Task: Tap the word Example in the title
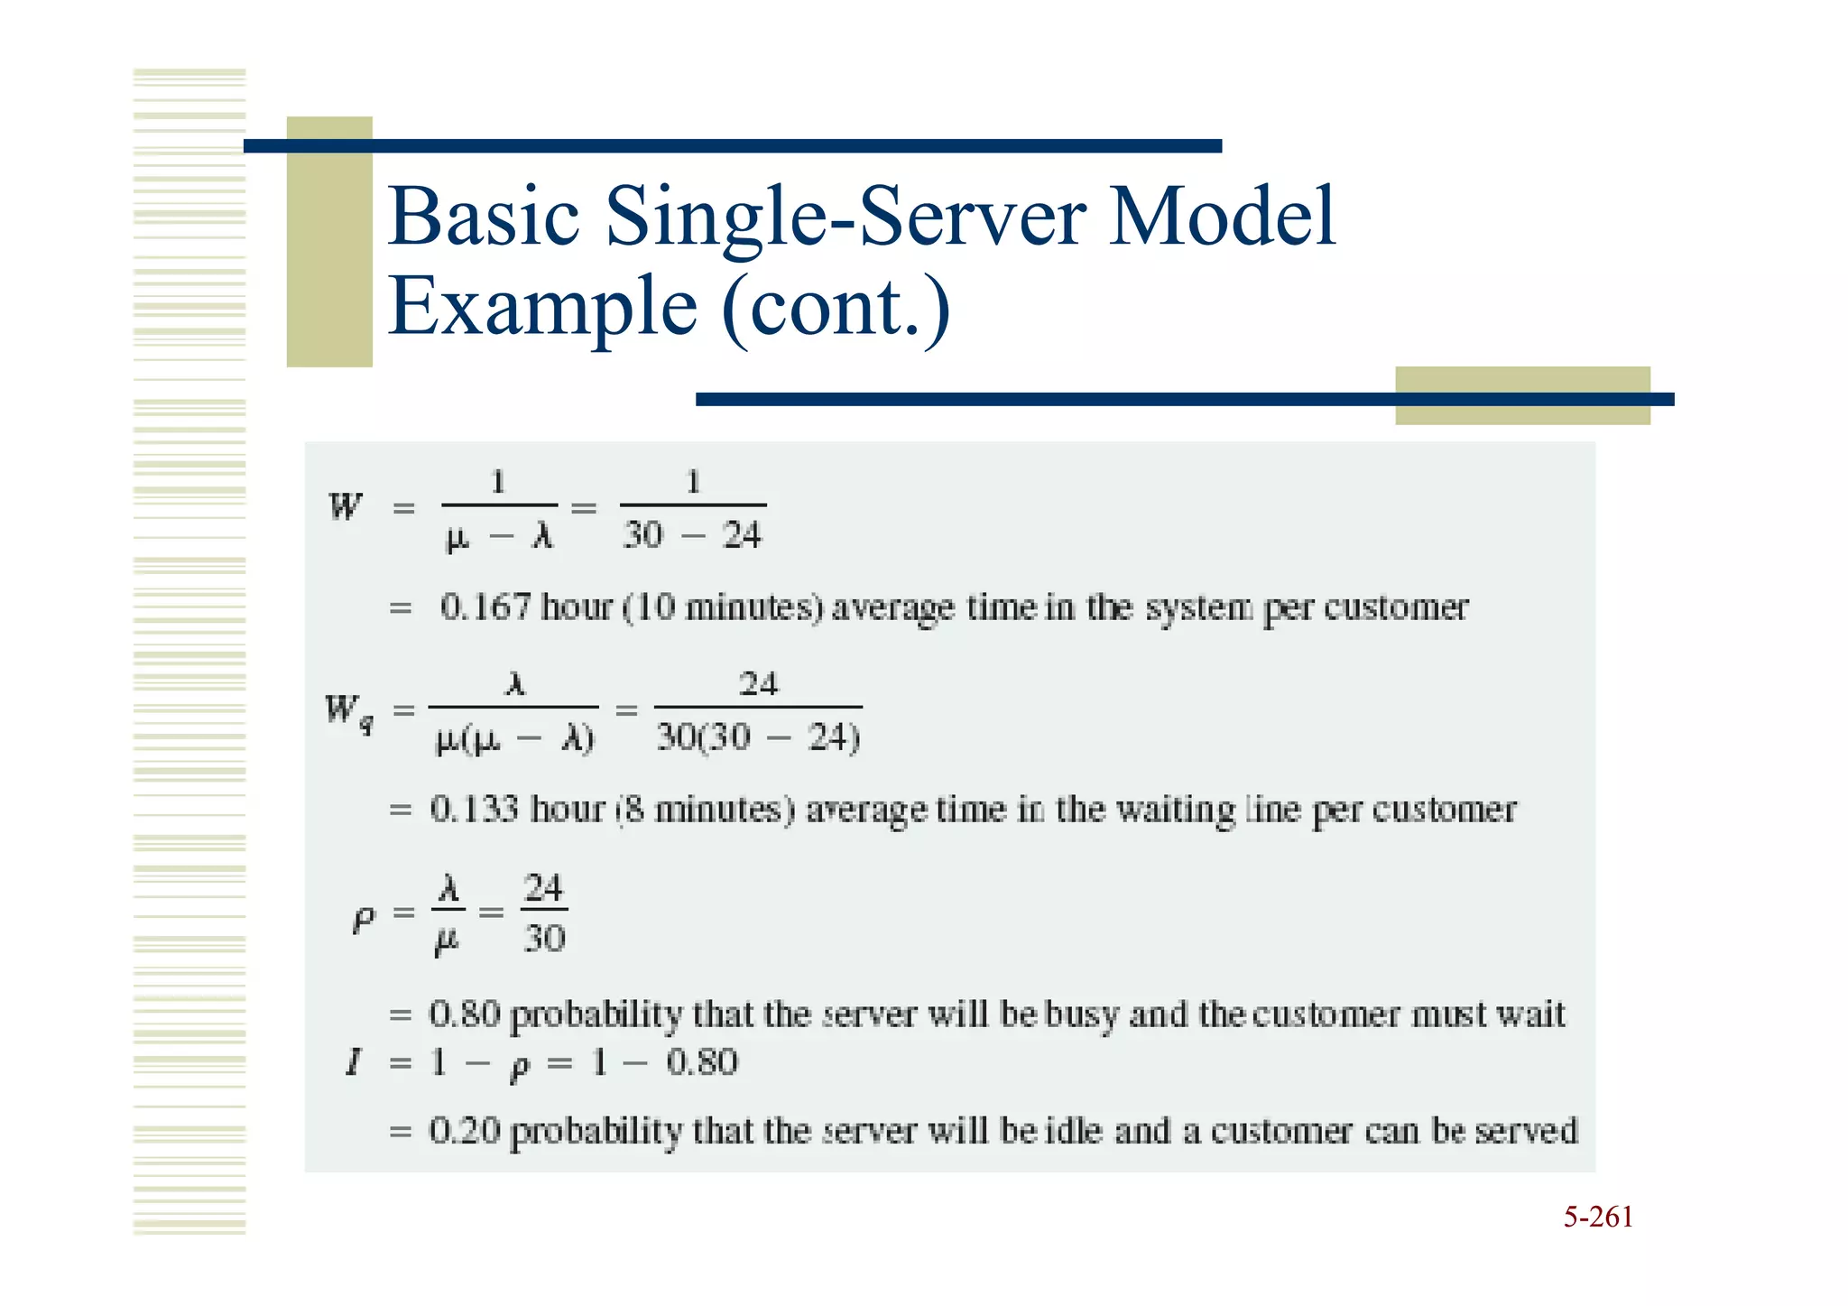(542, 307)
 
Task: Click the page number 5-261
(1598, 1218)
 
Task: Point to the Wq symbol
(349, 712)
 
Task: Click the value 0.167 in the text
(485, 607)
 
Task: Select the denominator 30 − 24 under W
(692, 536)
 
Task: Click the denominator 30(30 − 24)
(758, 738)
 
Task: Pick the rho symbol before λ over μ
(363, 919)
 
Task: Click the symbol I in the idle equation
(354, 1062)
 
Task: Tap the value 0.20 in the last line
(464, 1131)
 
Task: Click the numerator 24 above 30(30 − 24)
(758, 684)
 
